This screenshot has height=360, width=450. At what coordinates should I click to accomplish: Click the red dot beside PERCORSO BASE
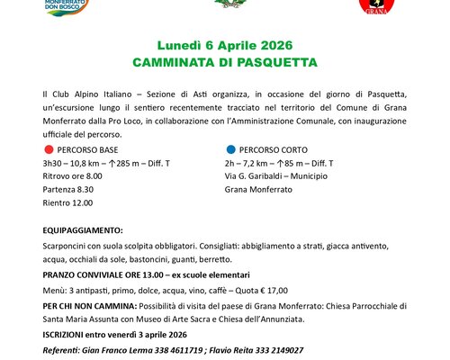click(48, 149)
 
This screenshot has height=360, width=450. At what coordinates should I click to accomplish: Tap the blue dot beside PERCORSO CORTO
click(230, 149)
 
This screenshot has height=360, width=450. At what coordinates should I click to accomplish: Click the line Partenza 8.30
click(68, 191)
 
